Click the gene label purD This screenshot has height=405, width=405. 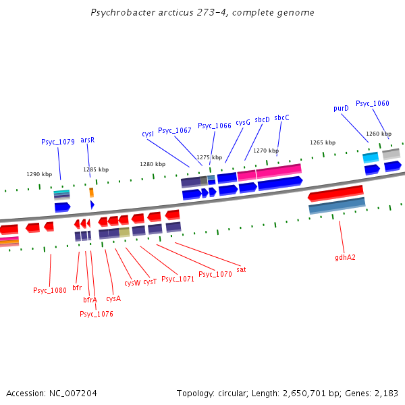[x=341, y=108]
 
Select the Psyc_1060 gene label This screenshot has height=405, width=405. [x=373, y=103]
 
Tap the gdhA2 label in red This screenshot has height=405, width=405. [x=345, y=257]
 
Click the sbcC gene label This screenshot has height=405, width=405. [x=281, y=117]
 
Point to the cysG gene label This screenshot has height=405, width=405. [x=243, y=122]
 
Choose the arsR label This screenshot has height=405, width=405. [x=88, y=140]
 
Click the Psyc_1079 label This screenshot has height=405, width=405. [x=57, y=142]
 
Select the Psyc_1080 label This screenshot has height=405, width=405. [x=50, y=290]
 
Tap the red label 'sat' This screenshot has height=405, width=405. [x=241, y=269]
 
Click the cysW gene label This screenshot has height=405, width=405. [x=132, y=283]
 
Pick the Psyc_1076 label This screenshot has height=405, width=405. [x=97, y=314]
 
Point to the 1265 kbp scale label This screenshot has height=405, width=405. [x=323, y=142]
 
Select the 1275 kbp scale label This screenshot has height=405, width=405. [x=209, y=157]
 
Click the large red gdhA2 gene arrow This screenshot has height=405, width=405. [x=335, y=194]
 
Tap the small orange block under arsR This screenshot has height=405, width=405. [x=92, y=192]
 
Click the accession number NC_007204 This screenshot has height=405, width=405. [x=74, y=393]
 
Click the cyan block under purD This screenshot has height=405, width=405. [x=371, y=157]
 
